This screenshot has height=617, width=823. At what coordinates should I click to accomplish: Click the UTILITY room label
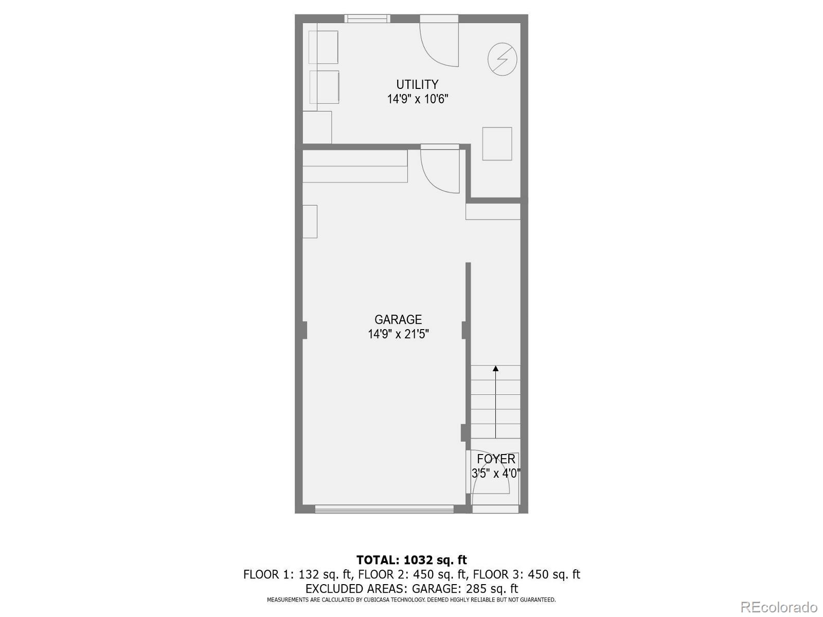417,84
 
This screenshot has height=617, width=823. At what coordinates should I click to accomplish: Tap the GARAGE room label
398,319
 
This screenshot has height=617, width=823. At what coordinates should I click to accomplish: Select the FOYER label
496,459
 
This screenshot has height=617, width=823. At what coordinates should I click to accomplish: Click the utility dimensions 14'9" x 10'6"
418,99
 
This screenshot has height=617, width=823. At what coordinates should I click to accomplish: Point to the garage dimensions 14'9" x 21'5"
398,334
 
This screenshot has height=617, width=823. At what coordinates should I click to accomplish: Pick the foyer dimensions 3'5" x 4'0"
496,474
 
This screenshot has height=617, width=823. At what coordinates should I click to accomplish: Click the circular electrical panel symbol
502,60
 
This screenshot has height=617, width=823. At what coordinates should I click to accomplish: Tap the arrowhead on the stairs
495,368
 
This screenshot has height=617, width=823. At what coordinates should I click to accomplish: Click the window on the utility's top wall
367,19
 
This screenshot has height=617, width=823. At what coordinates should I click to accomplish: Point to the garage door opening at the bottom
384,509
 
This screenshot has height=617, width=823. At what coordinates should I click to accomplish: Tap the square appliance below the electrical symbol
497,143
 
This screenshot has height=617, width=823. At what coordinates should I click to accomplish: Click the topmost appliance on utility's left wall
324,47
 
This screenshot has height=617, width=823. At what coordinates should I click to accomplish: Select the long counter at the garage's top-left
355,167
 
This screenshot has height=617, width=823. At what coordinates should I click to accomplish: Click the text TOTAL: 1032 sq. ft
411,560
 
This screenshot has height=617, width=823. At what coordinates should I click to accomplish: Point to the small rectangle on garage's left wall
310,221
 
